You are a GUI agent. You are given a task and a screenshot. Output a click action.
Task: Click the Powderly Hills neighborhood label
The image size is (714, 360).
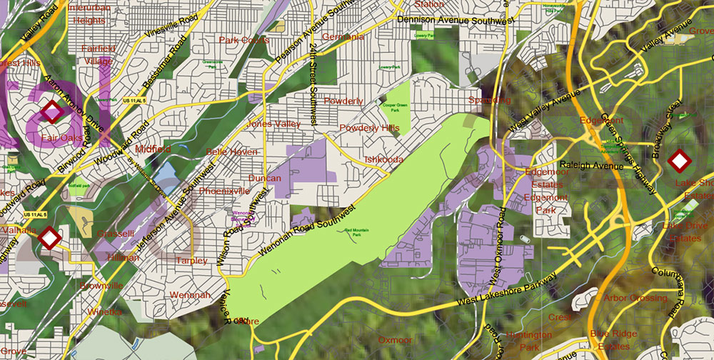[370, 128]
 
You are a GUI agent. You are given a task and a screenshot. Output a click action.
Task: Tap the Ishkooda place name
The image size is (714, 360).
[383, 159]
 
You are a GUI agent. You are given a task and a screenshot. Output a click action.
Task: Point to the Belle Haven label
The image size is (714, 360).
[231, 151]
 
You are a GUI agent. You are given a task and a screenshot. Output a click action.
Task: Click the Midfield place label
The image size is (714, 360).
[153, 149]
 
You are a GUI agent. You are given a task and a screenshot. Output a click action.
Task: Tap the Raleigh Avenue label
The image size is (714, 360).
[591, 166]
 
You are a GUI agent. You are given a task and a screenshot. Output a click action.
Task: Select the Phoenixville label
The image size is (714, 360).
[224, 191]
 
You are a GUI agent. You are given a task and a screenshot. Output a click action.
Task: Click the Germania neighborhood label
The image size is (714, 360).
[343, 36]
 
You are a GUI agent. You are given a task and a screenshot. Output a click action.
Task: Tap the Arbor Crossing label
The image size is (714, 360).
[635, 298]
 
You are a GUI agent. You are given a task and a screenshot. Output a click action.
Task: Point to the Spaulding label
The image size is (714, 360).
[489, 100]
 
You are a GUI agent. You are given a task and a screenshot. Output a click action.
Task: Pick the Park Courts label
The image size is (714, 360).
[244, 40]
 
